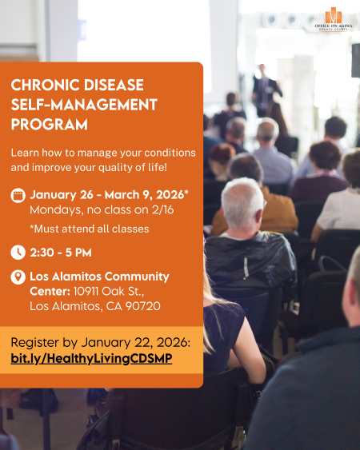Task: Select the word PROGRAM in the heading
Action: (49, 125)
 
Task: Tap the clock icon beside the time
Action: (18, 253)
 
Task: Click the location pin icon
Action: (18, 277)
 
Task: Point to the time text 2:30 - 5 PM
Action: (61, 253)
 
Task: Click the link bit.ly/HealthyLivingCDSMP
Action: (90, 359)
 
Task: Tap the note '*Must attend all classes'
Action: (78, 229)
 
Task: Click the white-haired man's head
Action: (242, 201)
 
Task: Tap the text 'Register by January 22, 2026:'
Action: (100, 341)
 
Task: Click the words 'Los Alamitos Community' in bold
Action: (99, 277)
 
